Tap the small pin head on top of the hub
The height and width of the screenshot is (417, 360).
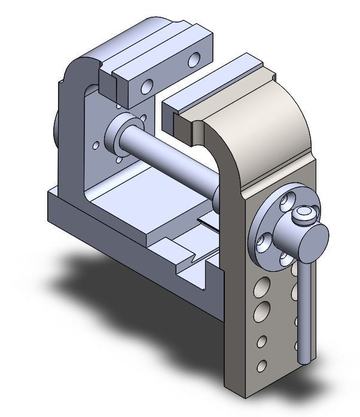pyautogui.click(x=304, y=214)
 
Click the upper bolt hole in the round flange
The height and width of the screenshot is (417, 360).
pyautogui.click(x=291, y=200)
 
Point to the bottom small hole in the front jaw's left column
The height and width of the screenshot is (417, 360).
pyautogui.click(x=261, y=364)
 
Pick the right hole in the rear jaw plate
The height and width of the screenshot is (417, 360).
pyautogui.click(x=194, y=60)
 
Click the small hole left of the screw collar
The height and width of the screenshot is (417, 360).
pyautogui.click(x=96, y=145)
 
